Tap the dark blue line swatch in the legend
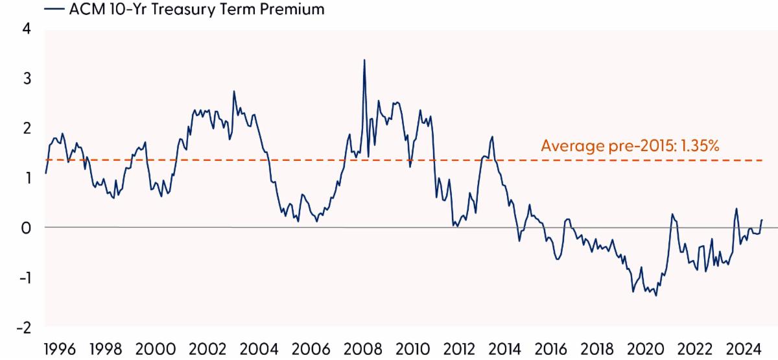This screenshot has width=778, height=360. pos(54,10)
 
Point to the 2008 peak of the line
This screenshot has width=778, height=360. pos(364,60)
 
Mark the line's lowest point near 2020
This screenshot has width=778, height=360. pos(656,296)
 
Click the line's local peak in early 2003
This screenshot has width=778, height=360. pos(233,91)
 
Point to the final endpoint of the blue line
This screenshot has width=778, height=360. pos(762,220)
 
